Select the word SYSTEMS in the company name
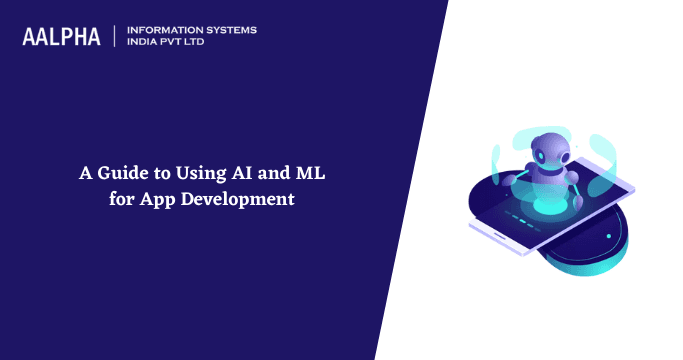tap(229, 30)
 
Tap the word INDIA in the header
tap(144, 43)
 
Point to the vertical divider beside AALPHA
tap(115, 37)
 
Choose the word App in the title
tap(152, 198)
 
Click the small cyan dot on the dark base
tap(608, 236)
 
